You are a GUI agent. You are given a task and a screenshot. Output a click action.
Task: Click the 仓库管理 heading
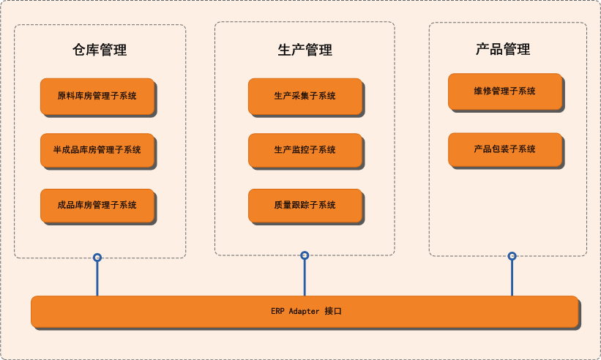tap(100, 50)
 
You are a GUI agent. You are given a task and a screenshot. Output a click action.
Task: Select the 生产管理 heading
tap(305, 50)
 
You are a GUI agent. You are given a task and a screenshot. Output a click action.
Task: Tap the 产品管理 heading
tap(503, 49)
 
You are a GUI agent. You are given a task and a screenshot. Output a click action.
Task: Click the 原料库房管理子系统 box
tap(97, 96)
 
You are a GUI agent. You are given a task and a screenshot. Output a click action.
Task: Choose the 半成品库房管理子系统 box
tap(97, 150)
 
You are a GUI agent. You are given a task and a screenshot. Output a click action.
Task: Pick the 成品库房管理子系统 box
tap(97, 206)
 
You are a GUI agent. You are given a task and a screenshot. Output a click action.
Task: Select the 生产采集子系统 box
tap(305, 96)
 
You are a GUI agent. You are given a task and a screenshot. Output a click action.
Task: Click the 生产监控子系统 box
tap(305, 150)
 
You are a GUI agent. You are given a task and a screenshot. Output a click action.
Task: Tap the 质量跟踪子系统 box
tap(305, 206)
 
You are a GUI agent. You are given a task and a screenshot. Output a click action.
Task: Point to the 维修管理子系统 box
tap(505, 91)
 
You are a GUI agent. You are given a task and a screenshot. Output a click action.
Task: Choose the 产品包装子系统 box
tap(505, 149)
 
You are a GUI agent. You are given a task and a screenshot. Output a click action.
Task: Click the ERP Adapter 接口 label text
tap(306, 311)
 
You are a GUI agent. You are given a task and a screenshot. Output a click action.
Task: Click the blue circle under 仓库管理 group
tap(97, 258)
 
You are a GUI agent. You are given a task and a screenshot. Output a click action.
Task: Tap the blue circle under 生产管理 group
tap(305, 255)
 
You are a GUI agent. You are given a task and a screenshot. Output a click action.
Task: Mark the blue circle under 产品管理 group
tap(512, 256)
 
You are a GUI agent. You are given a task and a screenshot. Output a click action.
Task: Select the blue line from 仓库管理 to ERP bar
tap(97, 279)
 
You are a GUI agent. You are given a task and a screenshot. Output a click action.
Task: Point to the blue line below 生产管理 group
tap(305, 277)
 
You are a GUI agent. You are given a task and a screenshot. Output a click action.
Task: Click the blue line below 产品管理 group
tap(512, 278)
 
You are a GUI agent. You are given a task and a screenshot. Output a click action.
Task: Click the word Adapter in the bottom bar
tap(304, 312)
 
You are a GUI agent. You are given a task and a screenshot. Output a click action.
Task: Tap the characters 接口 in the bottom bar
tap(333, 311)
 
